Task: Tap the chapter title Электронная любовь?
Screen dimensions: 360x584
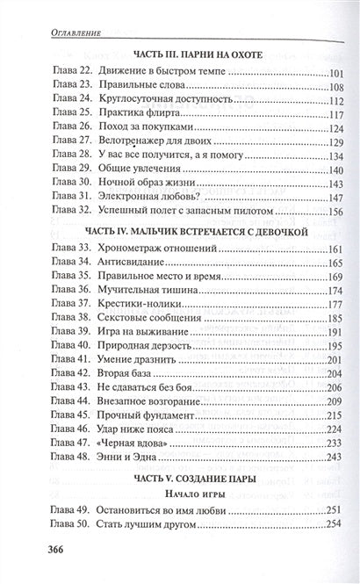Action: click(x=137, y=195)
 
